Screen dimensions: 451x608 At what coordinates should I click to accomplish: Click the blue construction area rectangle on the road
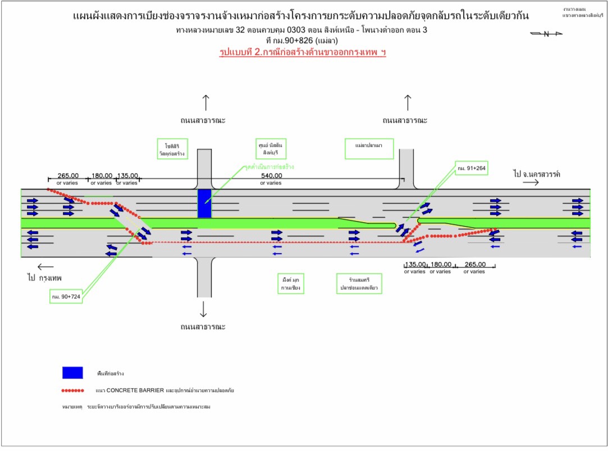tap(204, 203)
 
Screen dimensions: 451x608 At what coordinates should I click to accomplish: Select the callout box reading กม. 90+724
tap(65, 296)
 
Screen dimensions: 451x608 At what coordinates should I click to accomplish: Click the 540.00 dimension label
tap(271, 176)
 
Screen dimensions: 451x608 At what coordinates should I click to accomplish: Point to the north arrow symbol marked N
tap(546, 34)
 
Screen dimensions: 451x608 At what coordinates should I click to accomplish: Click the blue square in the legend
tap(72, 372)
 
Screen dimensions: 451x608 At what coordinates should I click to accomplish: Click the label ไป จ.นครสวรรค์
tap(536, 174)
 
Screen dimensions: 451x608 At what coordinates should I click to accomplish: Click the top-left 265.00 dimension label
tap(68, 176)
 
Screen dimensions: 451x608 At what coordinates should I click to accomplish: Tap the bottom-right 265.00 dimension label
tap(474, 264)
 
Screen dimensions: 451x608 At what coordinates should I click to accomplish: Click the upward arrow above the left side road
tap(205, 103)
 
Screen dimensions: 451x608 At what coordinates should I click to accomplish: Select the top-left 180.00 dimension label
tap(102, 176)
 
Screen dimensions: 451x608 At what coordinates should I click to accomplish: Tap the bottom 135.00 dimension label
tap(415, 264)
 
